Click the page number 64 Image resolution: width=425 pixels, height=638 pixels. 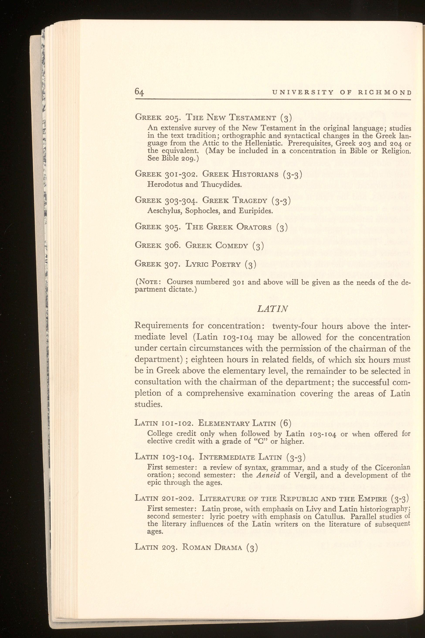[139, 92]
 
